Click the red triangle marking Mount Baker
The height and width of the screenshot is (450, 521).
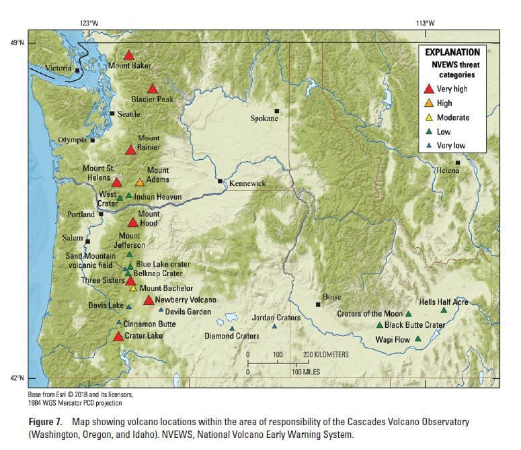point(129,56)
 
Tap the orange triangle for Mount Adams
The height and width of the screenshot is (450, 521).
point(140,183)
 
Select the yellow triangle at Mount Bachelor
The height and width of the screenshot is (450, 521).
point(133,288)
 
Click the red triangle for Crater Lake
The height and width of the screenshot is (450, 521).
point(118,336)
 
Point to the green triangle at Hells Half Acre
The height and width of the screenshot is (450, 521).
point(444,310)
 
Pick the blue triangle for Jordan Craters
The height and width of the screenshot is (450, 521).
point(274,326)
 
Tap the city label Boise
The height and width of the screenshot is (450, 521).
point(331,297)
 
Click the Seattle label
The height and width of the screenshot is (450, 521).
point(128,114)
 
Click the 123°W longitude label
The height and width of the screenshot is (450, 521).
point(89,22)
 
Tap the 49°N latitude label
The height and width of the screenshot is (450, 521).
point(15,43)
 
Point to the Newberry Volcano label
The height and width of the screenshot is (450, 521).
point(186,300)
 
